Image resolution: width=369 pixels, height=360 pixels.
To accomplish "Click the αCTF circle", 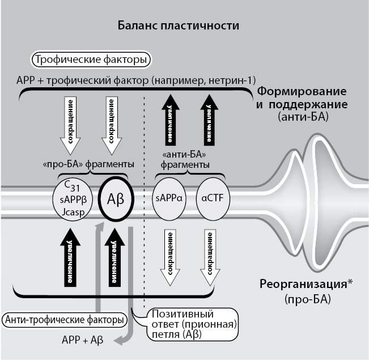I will click(211, 199).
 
